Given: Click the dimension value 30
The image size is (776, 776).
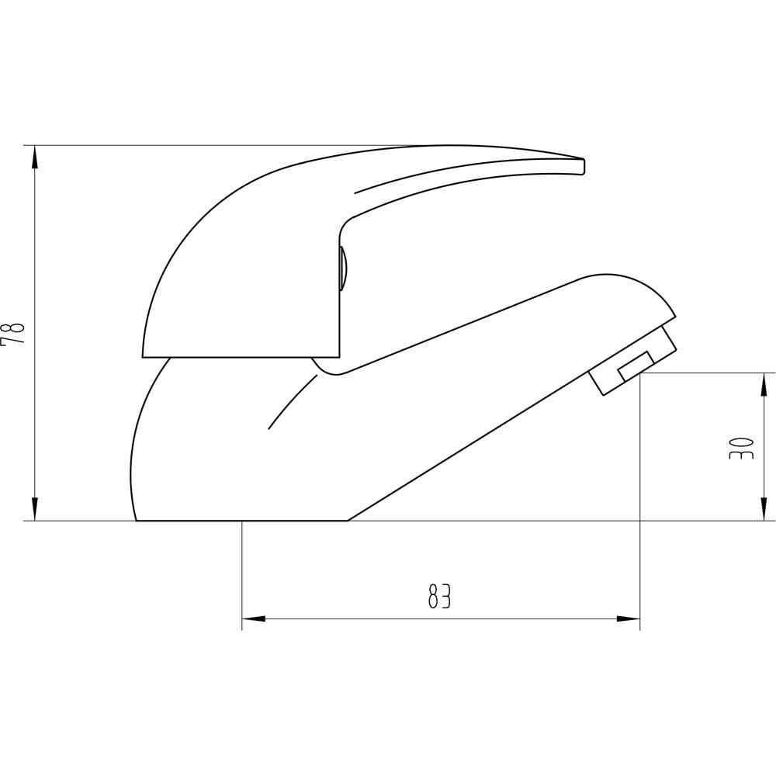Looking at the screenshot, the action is [x=741, y=448].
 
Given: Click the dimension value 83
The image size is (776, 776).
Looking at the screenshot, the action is [x=439, y=596].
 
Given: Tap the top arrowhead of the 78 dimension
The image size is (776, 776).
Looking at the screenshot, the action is [x=35, y=158].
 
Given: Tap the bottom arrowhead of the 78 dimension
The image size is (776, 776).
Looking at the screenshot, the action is [x=35, y=509].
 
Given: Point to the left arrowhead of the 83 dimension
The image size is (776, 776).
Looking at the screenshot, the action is [x=254, y=618].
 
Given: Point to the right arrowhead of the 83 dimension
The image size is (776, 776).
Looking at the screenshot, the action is [x=628, y=618].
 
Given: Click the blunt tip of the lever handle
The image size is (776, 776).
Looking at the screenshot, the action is [x=584, y=166].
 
